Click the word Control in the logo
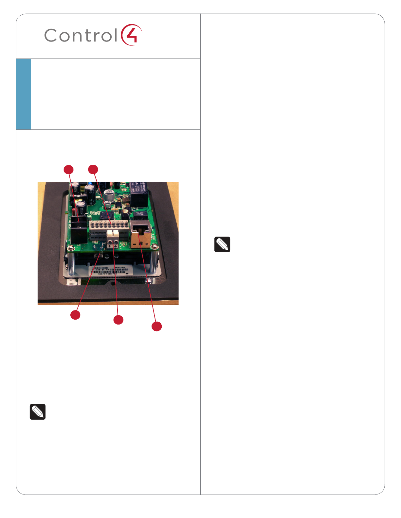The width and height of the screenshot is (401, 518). [x=81, y=35]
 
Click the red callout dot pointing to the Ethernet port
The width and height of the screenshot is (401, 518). [x=157, y=326]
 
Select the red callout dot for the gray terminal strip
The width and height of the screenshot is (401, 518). [x=93, y=169]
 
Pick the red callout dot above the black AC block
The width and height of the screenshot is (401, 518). [x=68, y=169]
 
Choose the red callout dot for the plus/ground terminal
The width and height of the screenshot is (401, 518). [x=118, y=320]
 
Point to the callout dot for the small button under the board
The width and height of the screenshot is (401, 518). [x=75, y=315]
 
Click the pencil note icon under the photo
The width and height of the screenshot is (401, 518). [x=38, y=412]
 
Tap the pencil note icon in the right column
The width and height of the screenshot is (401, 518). [x=222, y=244]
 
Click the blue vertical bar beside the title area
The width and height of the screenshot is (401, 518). [x=23, y=94]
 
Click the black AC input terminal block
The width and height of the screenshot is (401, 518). [x=79, y=230]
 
